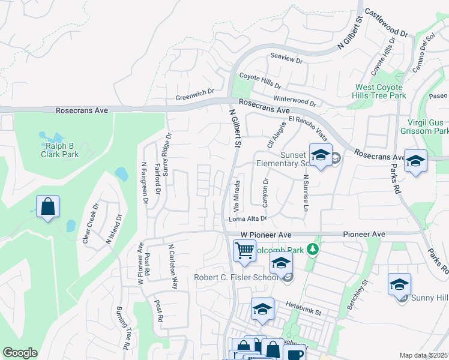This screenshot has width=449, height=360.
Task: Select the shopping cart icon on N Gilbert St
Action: coord(244,250)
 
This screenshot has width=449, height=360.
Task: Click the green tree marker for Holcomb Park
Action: coord(312,248)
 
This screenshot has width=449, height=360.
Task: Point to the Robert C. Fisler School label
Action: coord(237,277)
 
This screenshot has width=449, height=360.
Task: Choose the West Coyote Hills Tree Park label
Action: coord(381,91)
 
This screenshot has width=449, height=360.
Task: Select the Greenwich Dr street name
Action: coord(194,95)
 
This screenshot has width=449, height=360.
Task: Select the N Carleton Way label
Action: coord(173,266)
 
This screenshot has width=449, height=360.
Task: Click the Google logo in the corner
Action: coord(20,353)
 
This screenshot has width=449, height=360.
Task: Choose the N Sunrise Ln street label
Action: coord(306,192)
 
